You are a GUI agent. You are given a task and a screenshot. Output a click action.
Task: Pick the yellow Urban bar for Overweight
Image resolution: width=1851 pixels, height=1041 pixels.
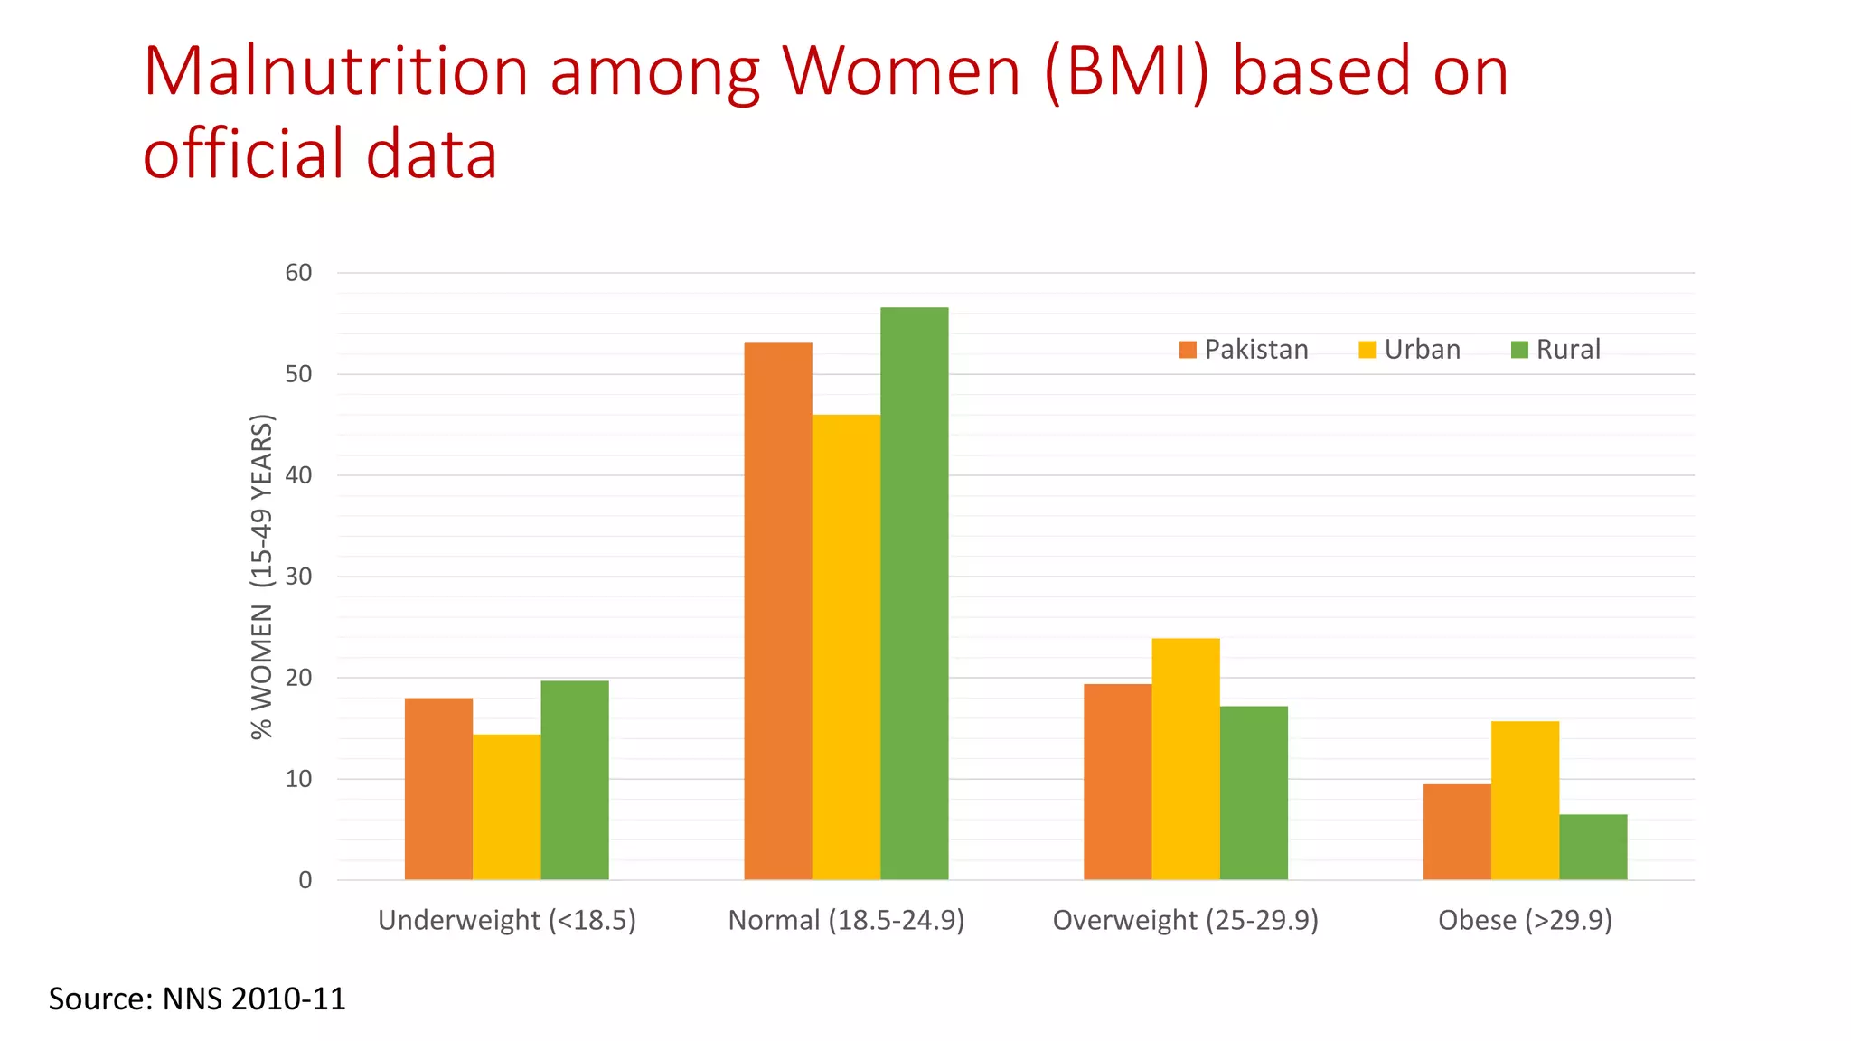[x=1185, y=758]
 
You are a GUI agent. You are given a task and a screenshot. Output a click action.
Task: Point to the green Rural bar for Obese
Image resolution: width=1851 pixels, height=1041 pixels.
[x=1593, y=847]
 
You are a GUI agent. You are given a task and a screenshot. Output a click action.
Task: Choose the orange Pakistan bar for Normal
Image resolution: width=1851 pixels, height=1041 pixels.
[x=777, y=611]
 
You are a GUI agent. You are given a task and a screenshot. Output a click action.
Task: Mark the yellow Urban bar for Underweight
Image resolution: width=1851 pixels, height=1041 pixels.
[x=506, y=806]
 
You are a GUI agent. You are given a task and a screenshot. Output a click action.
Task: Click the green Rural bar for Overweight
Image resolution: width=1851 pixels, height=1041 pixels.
[x=1254, y=792]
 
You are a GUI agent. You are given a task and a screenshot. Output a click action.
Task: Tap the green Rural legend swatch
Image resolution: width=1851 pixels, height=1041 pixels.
[x=1519, y=350]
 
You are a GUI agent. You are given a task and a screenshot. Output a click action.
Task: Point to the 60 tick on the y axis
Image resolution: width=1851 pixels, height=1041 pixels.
[x=298, y=273]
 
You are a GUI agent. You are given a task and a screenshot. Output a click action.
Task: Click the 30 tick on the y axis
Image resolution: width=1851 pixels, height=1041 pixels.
[x=298, y=577]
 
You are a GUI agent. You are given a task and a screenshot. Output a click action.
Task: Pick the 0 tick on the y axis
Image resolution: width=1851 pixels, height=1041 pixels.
[x=305, y=880]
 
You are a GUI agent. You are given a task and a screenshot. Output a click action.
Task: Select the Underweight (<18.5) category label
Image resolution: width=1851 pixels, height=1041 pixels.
[x=506, y=920]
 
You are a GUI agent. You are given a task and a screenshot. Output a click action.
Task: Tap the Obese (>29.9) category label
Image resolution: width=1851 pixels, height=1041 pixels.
[x=1525, y=920]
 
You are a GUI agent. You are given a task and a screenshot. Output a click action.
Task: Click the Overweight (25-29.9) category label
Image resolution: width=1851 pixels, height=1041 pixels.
[x=1185, y=920]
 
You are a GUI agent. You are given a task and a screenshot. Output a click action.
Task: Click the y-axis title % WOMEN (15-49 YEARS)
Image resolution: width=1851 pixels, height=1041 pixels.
[x=261, y=577]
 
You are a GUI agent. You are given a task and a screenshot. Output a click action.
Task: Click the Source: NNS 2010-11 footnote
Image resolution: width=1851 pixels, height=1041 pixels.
[x=197, y=999]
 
